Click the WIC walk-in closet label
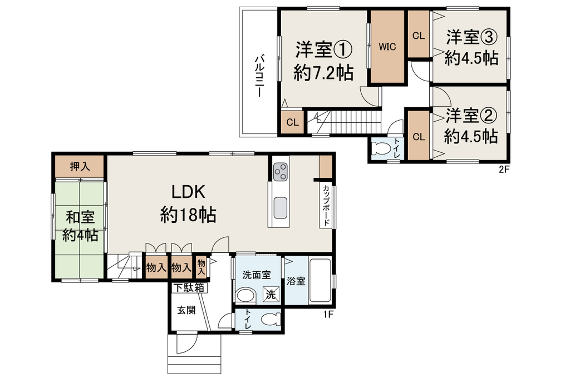(x=387, y=47)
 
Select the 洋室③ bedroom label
(x=471, y=37)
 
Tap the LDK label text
(x=188, y=192)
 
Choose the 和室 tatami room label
(x=80, y=217)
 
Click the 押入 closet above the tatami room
(x=80, y=167)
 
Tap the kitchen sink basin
(x=281, y=208)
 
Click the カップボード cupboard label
(x=326, y=205)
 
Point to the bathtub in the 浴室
(x=320, y=281)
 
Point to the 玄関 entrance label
(x=186, y=310)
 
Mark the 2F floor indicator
(x=503, y=169)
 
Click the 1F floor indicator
(x=328, y=315)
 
